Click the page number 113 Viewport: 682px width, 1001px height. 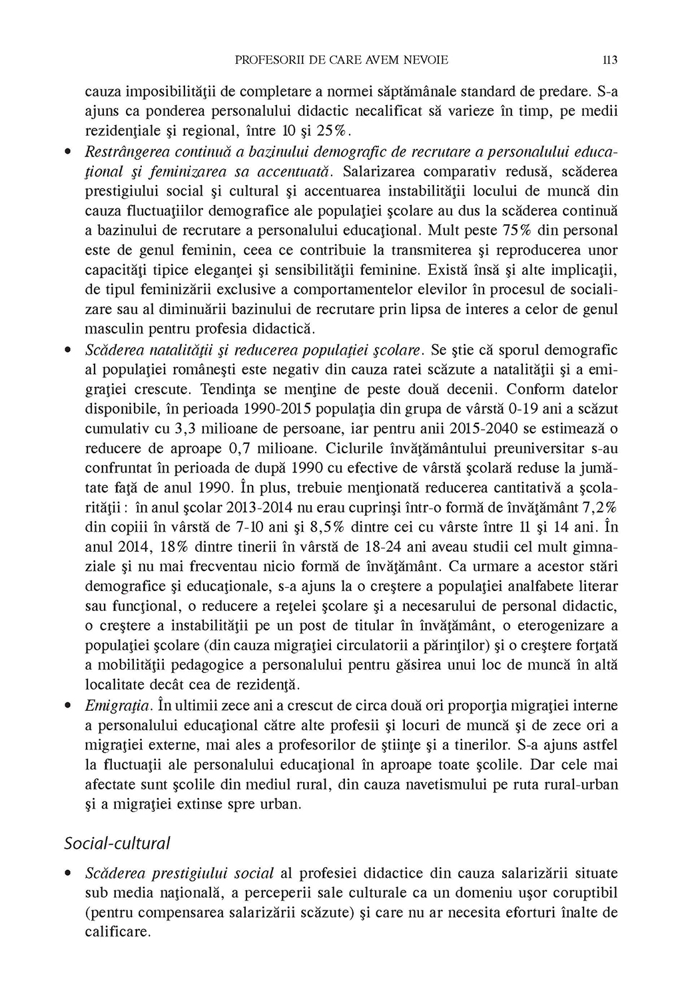click(610, 60)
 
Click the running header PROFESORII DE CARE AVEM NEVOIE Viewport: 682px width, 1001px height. click(342, 60)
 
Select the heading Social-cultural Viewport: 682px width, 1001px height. click(117, 843)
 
